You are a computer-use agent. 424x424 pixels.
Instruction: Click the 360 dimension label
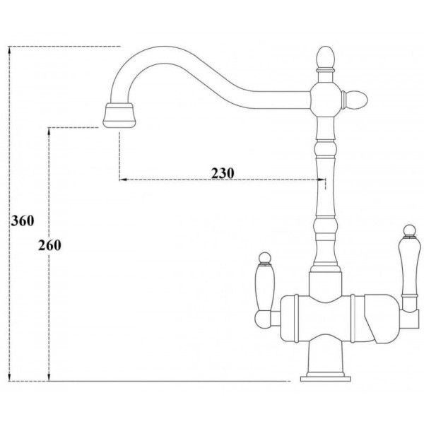[x=23, y=221]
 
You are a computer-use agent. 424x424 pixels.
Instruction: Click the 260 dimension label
[x=49, y=245]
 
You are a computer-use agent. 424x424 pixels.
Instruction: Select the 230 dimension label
[x=223, y=173]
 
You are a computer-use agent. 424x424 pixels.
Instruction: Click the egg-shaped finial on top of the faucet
[x=326, y=58]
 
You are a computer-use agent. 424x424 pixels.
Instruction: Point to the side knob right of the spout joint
[x=354, y=100]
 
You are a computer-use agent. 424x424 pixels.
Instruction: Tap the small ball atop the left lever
[x=265, y=257]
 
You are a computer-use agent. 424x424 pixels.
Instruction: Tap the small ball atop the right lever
[x=409, y=230]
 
